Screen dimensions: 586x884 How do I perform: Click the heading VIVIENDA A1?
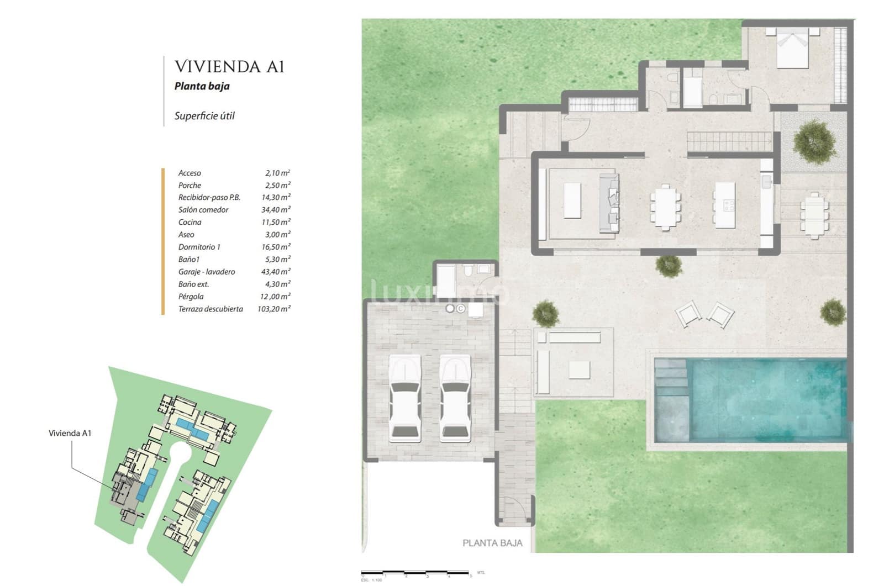(x=229, y=67)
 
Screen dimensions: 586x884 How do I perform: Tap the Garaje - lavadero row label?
(x=206, y=272)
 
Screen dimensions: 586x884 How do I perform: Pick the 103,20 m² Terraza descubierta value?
(x=273, y=309)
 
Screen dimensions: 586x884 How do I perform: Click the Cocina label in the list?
(x=190, y=222)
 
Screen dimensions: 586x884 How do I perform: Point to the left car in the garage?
(x=405, y=398)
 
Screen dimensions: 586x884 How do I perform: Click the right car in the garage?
(x=455, y=398)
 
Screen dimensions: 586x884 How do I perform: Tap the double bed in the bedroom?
(x=793, y=49)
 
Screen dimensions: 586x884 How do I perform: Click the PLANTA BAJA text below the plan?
(x=492, y=543)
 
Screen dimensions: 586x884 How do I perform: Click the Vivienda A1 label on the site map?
(x=70, y=433)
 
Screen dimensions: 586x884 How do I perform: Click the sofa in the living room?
(x=609, y=203)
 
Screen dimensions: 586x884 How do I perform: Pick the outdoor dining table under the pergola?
(x=815, y=215)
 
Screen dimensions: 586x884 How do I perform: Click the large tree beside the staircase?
(x=814, y=141)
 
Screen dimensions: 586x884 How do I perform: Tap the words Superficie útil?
(x=204, y=116)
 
